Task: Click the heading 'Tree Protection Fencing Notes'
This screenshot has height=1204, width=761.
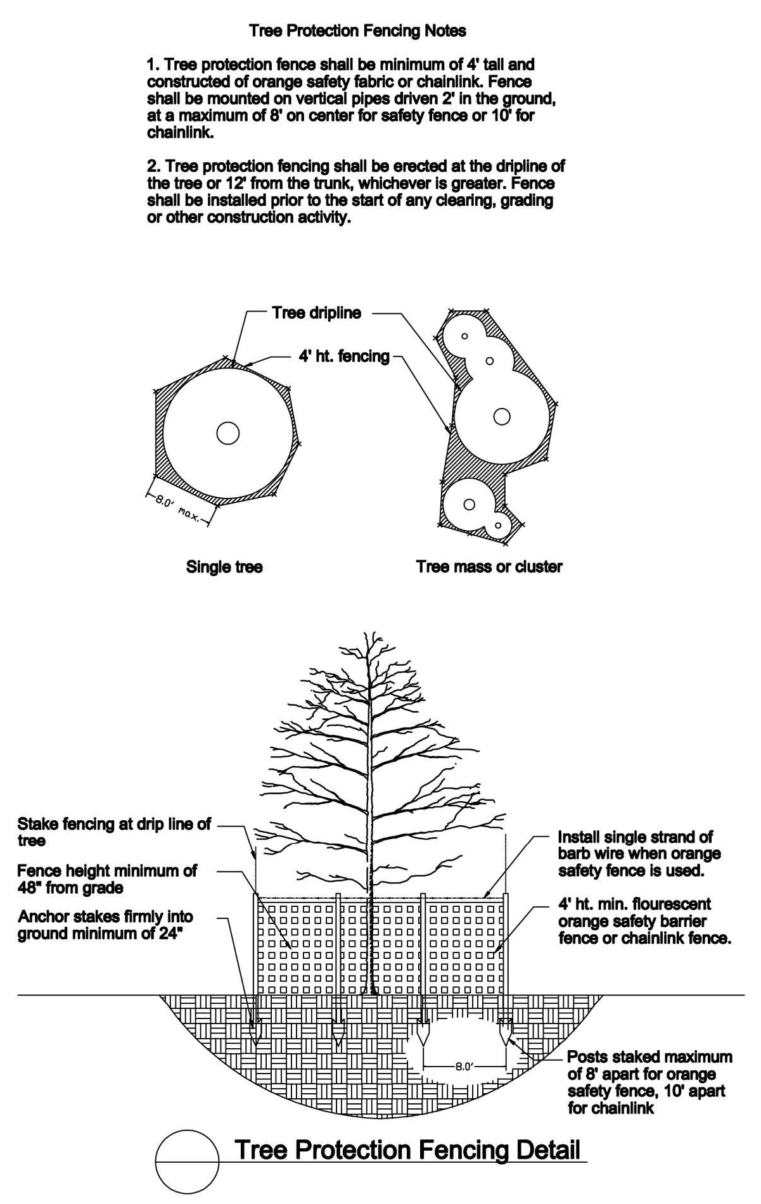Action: click(x=357, y=30)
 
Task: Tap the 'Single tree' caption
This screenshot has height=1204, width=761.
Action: click(x=224, y=566)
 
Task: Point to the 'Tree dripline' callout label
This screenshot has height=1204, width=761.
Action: click(x=317, y=313)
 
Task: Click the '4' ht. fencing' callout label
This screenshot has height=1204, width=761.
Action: click(x=344, y=356)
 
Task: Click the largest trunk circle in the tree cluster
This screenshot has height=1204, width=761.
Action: click(x=501, y=416)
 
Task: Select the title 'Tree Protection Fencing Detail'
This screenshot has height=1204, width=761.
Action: click(x=407, y=1149)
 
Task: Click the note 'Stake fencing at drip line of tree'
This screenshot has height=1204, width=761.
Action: click(x=114, y=832)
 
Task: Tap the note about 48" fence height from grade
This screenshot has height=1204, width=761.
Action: click(x=107, y=879)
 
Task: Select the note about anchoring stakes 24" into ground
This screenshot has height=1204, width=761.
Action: click(x=106, y=925)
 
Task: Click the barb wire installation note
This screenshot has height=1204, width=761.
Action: click(x=639, y=854)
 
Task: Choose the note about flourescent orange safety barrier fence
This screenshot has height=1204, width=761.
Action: click(x=644, y=921)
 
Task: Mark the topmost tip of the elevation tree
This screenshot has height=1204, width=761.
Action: click(x=366, y=631)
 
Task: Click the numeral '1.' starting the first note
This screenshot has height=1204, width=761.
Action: click(x=153, y=65)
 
